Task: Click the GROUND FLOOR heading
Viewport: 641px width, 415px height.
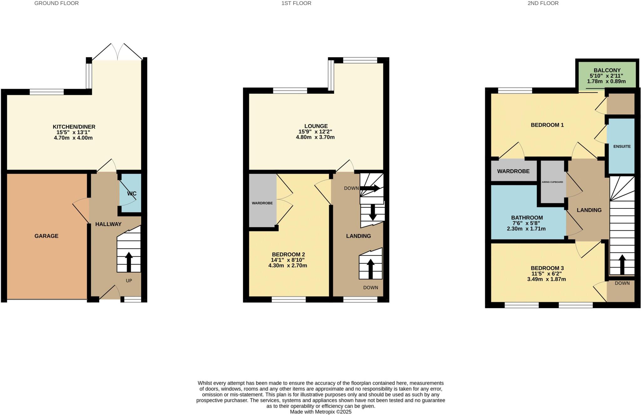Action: [x=56, y=3]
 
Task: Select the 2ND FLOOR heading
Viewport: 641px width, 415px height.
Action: [x=543, y=3]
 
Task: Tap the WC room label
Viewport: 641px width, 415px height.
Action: [x=132, y=193]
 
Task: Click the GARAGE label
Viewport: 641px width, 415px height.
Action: [x=46, y=236]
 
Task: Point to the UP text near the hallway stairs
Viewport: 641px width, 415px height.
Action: [x=129, y=281]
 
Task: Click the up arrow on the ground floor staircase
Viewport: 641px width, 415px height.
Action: [x=129, y=262]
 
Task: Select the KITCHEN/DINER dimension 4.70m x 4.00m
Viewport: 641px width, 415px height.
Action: [x=73, y=138]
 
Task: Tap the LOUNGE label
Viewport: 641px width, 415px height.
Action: [x=316, y=126]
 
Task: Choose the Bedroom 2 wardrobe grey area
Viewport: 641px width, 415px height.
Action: [x=262, y=201]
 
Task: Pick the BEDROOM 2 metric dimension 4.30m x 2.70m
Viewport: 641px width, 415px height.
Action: [x=288, y=265]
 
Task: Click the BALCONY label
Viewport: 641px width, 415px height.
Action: [x=607, y=71]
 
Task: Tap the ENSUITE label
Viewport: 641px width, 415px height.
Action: [x=622, y=146]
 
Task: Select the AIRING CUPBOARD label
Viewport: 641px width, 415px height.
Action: [x=552, y=182]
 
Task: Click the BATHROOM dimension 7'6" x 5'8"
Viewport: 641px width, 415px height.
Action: [x=527, y=223]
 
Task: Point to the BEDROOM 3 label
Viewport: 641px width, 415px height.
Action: [x=547, y=268]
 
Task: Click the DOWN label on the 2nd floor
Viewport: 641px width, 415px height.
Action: [x=622, y=283]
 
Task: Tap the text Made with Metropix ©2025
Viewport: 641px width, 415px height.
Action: [x=320, y=412]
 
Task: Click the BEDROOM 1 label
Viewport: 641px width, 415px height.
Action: [x=547, y=125]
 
